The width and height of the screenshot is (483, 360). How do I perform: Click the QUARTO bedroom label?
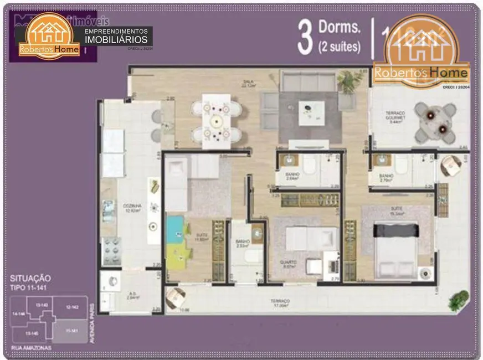(x=288, y=264)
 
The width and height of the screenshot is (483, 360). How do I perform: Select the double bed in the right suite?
(x=396, y=244)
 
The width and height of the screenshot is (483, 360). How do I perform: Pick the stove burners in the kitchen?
(x=112, y=250)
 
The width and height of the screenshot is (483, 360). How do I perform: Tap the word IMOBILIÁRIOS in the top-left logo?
(x=117, y=40)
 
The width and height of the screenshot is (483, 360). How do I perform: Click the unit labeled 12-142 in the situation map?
(x=72, y=307)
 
